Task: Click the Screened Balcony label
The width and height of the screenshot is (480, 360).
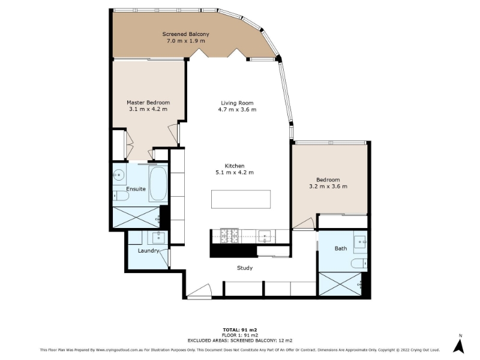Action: pyautogui.click(x=185, y=34)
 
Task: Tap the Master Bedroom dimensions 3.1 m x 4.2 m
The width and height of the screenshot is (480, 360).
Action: pyautogui.click(x=148, y=109)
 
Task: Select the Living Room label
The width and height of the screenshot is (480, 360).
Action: pyautogui.click(x=237, y=103)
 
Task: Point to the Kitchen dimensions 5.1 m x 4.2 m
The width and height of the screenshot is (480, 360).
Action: pyautogui.click(x=235, y=172)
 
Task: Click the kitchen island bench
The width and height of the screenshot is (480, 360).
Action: pyautogui.click(x=241, y=199)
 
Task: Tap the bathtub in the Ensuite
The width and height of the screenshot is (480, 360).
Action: pyautogui.click(x=158, y=184)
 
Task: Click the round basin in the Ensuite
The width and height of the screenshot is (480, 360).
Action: pyautogui.click(x=118, y=175)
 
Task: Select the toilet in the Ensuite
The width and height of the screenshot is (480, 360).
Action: pyautogui.click(x=121, y=196)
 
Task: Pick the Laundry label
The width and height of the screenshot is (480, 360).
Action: pyautogui.click(x=148, y=251)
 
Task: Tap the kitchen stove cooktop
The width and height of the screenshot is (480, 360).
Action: pyautogui.click(x=229, y=236)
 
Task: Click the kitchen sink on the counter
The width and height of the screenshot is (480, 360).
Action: pyautogui.click(x=265, y=236)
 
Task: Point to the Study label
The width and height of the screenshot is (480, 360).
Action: pyautogui.click(x=245, y=268)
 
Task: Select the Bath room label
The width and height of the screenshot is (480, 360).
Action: pyautogui.click(x=341, y=248)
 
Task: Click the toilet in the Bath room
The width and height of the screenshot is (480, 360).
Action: pyautogui.click(x=359, y=263)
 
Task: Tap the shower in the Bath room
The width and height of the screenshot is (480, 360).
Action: pyautogui.click(x=340, y=284)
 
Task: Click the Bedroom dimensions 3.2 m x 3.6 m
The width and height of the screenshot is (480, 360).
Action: pyautogui.click(x=328, y=186)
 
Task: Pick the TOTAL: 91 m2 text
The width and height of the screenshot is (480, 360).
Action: pyautogui.click(x=240, y=329)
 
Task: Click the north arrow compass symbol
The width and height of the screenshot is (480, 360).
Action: pyautogui.click(x=459, y=346)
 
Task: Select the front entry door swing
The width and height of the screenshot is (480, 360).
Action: pyautogui.click(x=200, y=290)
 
